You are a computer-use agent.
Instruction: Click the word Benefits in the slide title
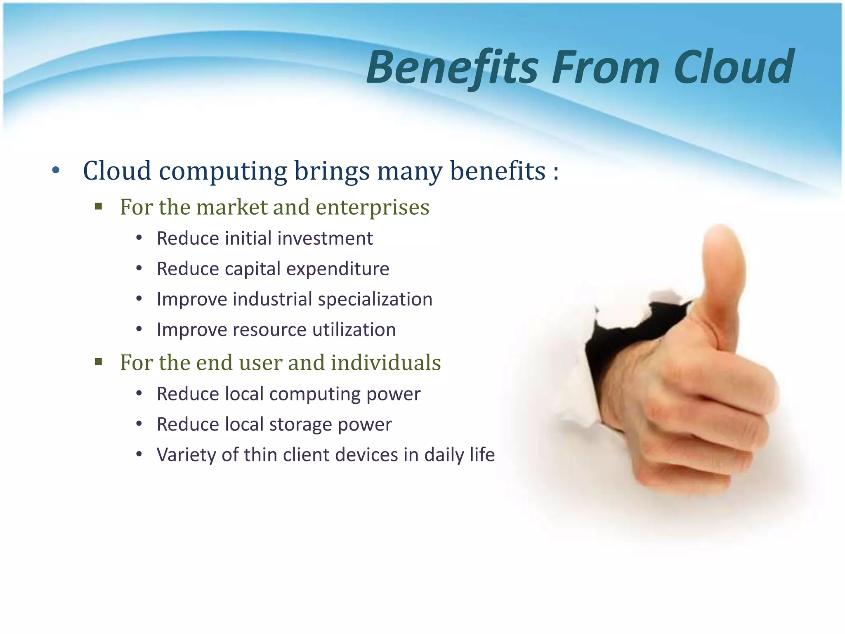tap(452, 68)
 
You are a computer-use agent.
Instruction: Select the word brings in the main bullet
tap(332, 171)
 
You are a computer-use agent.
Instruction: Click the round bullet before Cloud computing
tap(56, 170)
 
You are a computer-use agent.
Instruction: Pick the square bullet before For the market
tap(98, 206)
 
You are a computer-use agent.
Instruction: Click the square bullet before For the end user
tap(98, 362)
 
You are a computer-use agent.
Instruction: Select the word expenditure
tap(338, 269)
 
